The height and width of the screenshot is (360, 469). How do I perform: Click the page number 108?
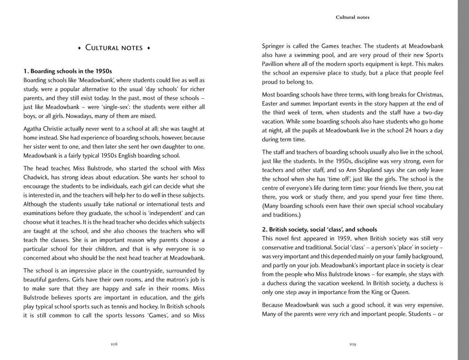point(114,344)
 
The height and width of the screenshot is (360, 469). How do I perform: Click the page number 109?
point(353,344)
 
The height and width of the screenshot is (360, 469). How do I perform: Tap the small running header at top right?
point(352,17)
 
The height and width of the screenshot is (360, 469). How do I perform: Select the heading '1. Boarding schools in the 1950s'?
point(68,71)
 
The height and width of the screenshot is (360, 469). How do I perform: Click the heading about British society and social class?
point(320,229)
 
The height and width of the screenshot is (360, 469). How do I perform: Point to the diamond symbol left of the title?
point(79,48)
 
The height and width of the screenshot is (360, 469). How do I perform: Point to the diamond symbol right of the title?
point(149,48)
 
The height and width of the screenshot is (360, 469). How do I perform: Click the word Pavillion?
point(276,64)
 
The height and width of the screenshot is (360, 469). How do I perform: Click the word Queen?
point(400,292)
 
